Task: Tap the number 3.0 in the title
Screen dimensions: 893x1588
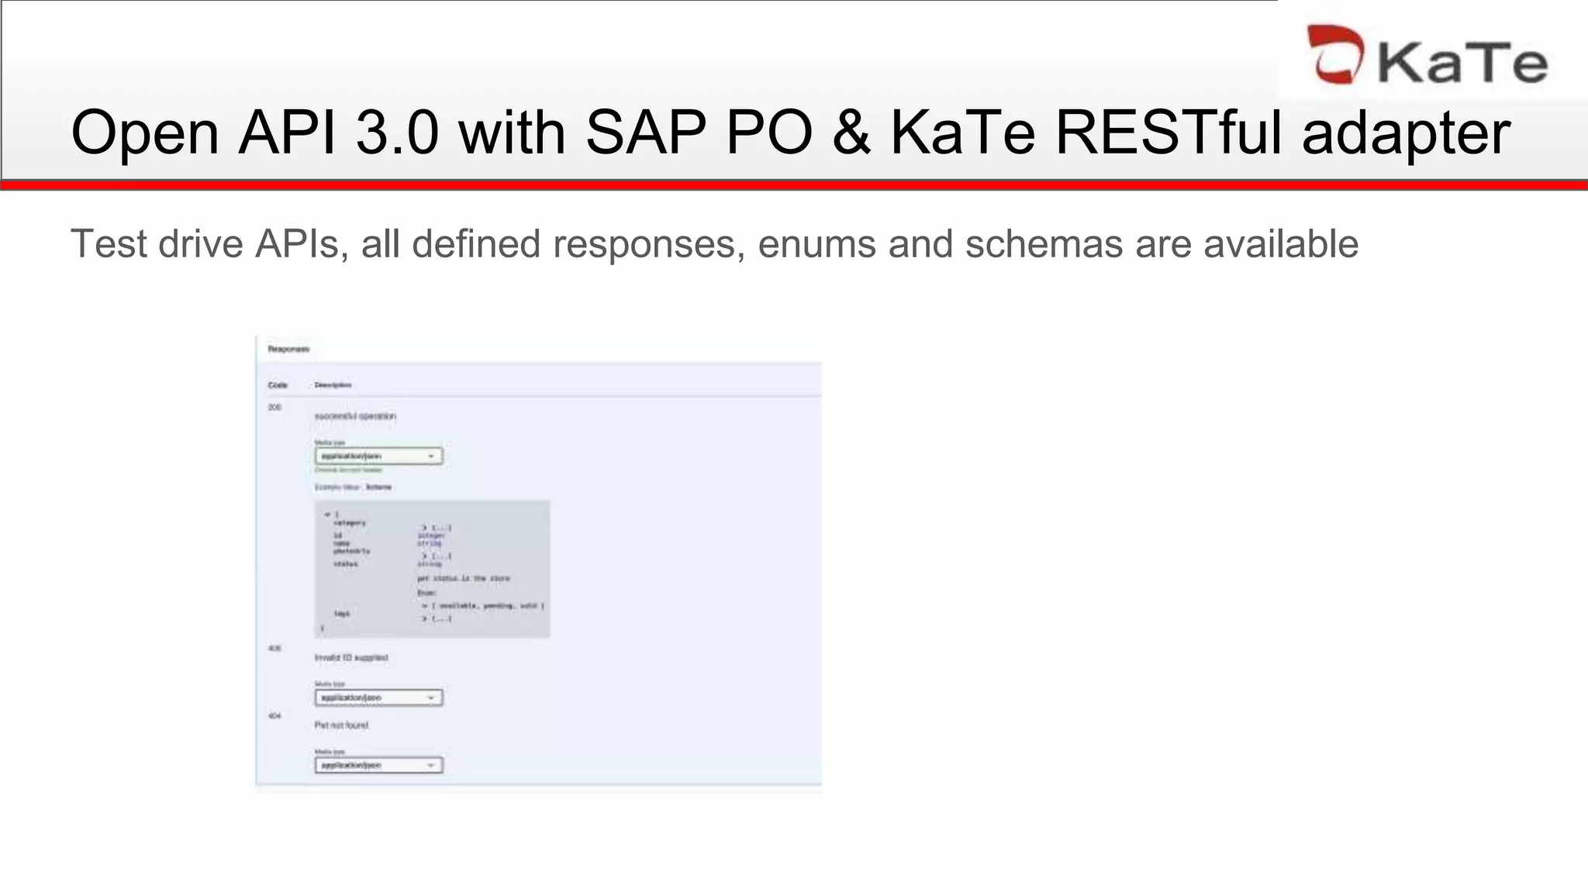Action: pyautogui.click(x=397, y=133)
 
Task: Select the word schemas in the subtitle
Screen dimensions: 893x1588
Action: pyautogui.click(x=1044, y=244)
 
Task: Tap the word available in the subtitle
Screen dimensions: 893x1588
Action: pyautogui.click(x=1280, y=244)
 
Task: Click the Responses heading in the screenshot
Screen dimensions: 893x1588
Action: pyautogui.click(x=288, y=350)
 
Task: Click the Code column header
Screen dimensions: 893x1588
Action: pyautogui.click(x=278, y=385)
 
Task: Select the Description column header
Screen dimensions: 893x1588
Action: pyautogui.click(x=333, y=385)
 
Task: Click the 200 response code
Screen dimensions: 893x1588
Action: pyautogui.click(x=274, y=408)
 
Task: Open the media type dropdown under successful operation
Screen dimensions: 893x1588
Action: pyautogui.click(x=378, y=456)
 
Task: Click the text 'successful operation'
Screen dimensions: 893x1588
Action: pyautogui.click(x=355, y=416)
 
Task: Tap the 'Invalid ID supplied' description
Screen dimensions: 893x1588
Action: pyautogui.click(x=351, y=658)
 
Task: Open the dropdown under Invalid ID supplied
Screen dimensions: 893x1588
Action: pyautogui.click(x=378, y=698)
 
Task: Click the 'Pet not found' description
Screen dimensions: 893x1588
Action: pyautogui.click(x=342, y=726)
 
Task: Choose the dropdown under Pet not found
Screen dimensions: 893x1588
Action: pyautogui.click(x=378, y=765)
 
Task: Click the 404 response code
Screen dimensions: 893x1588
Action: pyautogui.click(x=274, y=716)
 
